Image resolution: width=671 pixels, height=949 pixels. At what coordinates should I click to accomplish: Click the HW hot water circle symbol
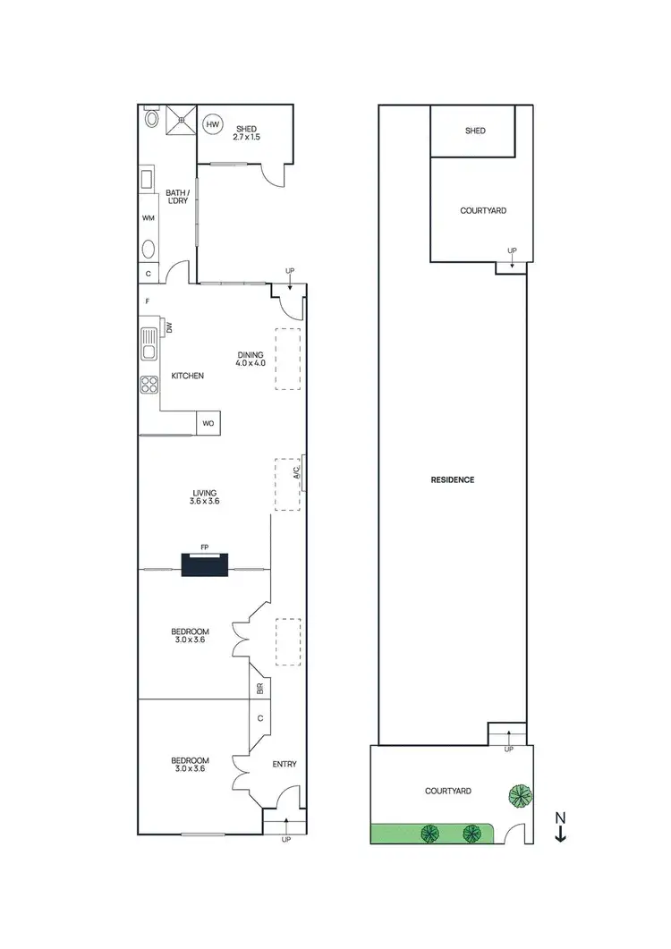tap(212, 124)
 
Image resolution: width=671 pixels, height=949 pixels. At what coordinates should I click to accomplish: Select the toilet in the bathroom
tap(150, 116)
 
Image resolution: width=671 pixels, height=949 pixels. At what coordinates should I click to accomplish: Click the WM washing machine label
tap(148, 217)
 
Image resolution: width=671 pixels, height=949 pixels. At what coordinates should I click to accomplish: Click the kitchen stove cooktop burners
tap(148, 385)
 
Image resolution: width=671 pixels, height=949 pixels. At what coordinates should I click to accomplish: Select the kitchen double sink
tap(148, 340)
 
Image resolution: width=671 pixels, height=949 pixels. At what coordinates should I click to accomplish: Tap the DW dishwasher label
tap(168, 328)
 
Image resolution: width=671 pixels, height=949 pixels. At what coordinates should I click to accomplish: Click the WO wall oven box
tap(208, 423)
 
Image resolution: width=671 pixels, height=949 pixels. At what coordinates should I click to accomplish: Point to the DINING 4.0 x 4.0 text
tap(251, 359)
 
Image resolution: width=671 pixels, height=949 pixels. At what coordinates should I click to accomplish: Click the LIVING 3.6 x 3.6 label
tap(204, 497)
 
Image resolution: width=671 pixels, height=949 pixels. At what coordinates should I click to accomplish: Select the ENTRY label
tap(284, 764)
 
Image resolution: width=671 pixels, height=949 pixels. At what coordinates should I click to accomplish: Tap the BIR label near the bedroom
tap(259, 689)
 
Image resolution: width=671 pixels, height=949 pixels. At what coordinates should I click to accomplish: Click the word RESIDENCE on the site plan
tap(453, 479)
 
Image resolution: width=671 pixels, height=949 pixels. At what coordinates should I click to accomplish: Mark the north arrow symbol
tap(560, 827)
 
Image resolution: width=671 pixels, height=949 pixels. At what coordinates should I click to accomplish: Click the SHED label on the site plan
tap(475, 131)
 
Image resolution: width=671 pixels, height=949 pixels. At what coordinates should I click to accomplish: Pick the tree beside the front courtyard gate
tap(518, 793)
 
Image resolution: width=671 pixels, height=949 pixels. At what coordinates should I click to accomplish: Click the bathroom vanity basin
tap(149, 249)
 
